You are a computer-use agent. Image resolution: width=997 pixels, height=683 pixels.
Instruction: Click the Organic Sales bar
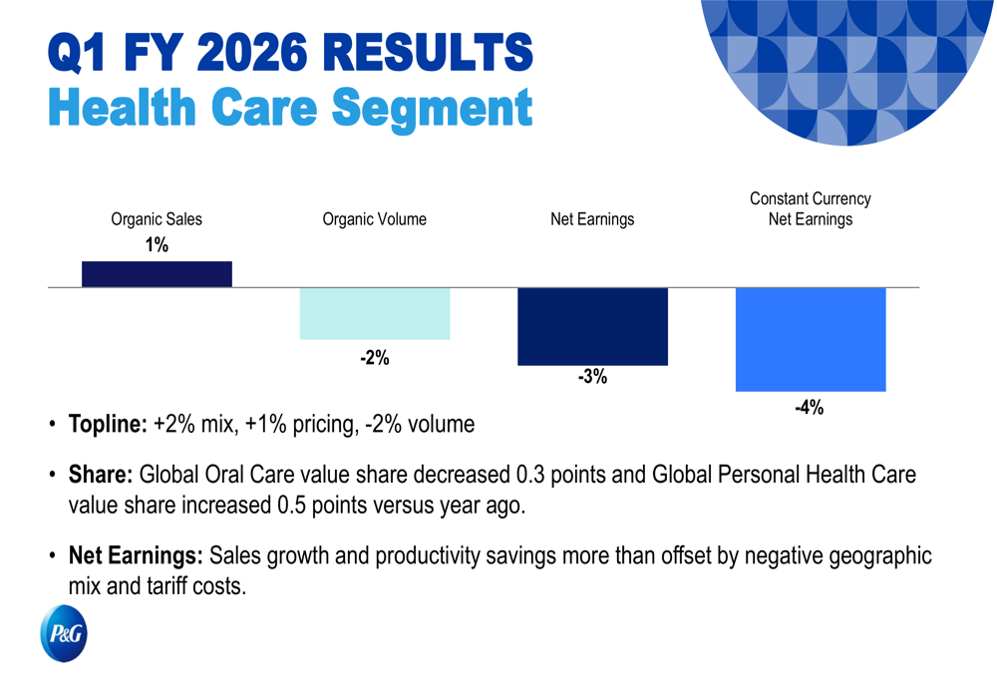point(157,274)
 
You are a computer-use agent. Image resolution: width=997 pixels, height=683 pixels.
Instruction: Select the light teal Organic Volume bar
point(375,314)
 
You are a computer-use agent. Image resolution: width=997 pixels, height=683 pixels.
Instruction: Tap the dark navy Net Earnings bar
point(592,326)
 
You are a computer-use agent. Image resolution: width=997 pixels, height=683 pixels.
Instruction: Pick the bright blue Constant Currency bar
point(811,339)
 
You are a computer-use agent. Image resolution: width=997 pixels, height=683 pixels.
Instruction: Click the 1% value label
point(157,244)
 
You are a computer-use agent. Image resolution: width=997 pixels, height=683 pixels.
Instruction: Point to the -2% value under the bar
point(375,358)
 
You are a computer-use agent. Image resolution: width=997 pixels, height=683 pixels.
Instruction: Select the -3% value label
point(592,378)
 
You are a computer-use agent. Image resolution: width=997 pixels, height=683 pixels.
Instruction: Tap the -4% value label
point(809,407)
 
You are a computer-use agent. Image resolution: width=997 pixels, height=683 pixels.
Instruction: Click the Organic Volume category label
point(375,219)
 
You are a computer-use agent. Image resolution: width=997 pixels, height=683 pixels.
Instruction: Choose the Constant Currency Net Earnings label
point(811,209)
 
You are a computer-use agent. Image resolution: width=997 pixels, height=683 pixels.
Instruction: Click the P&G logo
point(64,634)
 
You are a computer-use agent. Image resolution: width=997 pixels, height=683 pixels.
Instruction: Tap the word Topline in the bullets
point(107,424)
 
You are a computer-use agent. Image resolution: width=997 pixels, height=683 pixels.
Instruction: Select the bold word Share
point(101,474)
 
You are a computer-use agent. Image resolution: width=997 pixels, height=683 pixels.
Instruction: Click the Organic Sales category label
point(157,219)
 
